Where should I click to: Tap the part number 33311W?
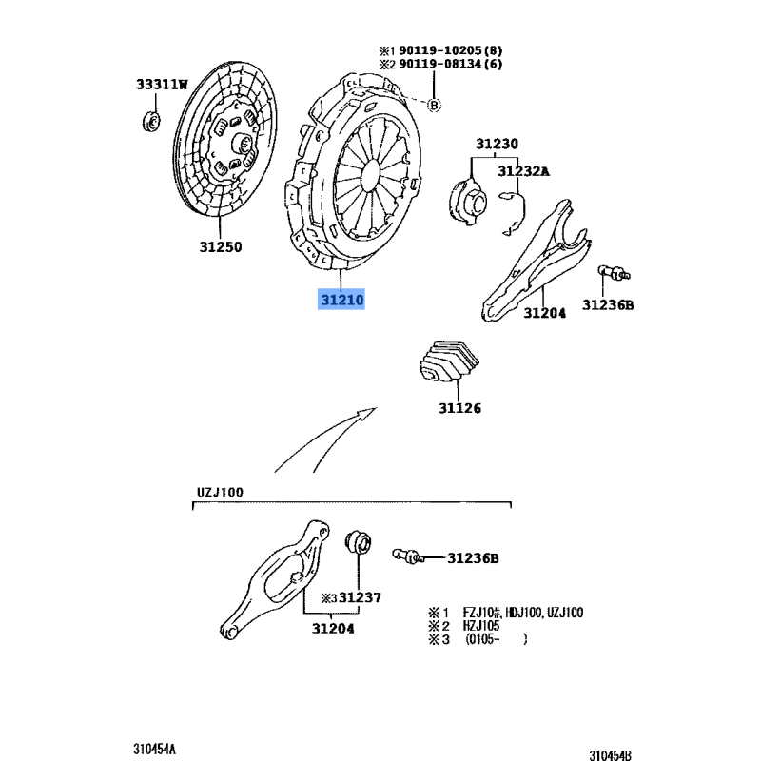(161, 86)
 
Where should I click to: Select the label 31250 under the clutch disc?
(221, 247)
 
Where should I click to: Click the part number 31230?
(498, 145)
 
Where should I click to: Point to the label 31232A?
(523, 171)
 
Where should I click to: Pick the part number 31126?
(459, 409)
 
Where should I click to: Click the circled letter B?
(434, 105)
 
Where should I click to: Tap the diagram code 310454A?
(154, 748)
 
